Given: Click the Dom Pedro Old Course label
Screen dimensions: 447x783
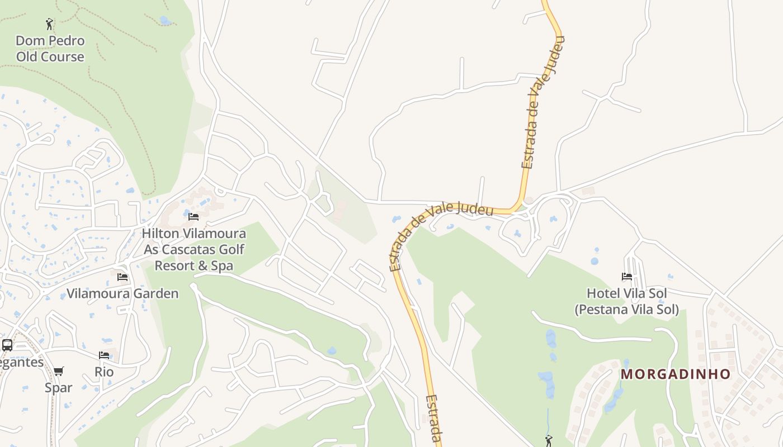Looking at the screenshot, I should click(x=50, y=49).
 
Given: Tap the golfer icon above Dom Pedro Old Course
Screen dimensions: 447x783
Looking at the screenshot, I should click(x=49, y=24).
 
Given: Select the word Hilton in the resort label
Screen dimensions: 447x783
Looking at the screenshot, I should click(x=161, y=233).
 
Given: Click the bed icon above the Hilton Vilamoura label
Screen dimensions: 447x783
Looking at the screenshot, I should click(x=194, y=216).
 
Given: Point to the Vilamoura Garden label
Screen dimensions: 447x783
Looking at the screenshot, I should click(x=122, y=293).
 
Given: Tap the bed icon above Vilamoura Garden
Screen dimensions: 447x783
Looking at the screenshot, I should click(x=122, y=277).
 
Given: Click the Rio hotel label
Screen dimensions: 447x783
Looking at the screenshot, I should click(x=104, y=372).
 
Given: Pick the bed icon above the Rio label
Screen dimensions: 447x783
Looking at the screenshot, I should click(x=104, y=355).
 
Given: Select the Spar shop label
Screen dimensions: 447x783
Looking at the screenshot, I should click(x=59, y=387).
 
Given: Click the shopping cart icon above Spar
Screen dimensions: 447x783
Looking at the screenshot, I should click(x=59, y=371).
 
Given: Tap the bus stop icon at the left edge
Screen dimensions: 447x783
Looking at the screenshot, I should click(x=7, y=345).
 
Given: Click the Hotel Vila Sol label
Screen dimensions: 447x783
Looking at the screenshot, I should click(x=626, y=301).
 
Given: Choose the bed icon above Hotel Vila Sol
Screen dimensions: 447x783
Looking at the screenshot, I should click(x=626, y=277).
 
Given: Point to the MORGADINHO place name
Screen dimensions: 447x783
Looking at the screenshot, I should click(x=676, y=374).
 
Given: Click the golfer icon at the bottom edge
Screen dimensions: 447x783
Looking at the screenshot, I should click(x=548, y=441).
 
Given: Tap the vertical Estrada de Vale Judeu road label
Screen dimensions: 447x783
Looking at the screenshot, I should click(x=543, y=102).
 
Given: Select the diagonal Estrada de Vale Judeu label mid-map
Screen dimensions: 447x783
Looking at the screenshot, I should click(x=442, y=237).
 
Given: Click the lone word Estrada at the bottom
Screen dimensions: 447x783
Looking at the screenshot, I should click(x=434, y=419).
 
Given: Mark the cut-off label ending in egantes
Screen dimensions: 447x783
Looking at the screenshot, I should click(x=21, y=362).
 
